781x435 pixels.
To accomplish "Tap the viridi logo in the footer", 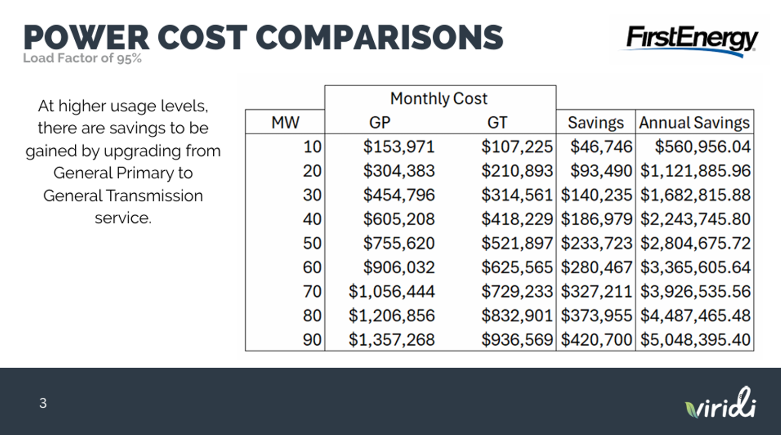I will tap(721, 404).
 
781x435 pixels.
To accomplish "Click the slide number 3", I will tap(43, 403).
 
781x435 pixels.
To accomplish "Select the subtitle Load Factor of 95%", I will tap(82, 58).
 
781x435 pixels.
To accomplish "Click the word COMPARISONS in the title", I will tap(380, 38).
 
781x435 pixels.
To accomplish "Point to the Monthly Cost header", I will tap(439, 98).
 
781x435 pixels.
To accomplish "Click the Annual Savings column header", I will tap(694, 122).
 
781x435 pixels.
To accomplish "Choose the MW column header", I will tap(285, 122).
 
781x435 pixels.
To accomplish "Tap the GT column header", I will tap(497, 122).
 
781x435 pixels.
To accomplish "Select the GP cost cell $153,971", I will tap(399, 147).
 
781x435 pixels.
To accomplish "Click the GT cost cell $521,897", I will tap(516, 243).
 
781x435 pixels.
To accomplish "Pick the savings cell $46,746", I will tap(601, 147).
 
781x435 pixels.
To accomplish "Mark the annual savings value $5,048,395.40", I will tap(695, 340).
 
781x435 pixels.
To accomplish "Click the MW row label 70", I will tap(312, 291).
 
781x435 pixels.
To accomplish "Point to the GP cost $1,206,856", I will tap(392, 316).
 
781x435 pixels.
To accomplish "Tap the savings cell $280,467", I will tap(596, 267).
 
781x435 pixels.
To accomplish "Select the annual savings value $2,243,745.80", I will tap(695, 219).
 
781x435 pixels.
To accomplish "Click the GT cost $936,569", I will tap(516, 340).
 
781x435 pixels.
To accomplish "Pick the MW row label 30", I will tap(312, 195).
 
